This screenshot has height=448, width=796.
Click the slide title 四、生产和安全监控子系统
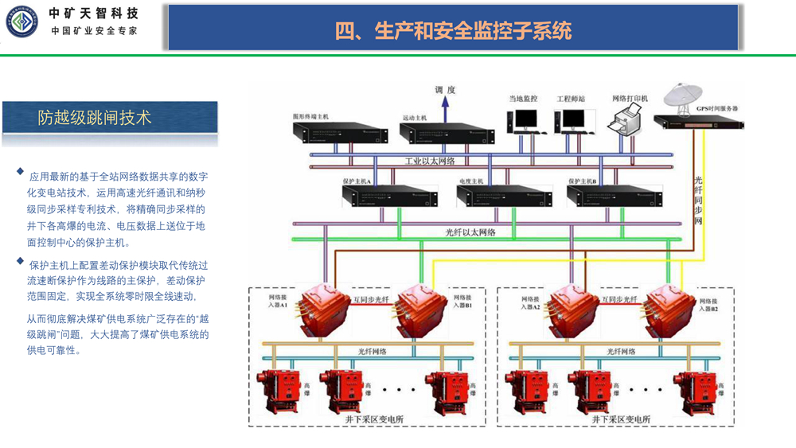[453, 31]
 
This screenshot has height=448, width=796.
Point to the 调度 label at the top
[445, 90]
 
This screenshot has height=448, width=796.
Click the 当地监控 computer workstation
[524, 121]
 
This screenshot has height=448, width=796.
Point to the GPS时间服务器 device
[699, 121]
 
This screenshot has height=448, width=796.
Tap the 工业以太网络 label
[429, 162]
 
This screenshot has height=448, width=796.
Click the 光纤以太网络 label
[470, 232]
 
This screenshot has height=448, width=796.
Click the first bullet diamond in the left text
[21, 171]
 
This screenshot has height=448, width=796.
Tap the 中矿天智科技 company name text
[93, 14]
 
